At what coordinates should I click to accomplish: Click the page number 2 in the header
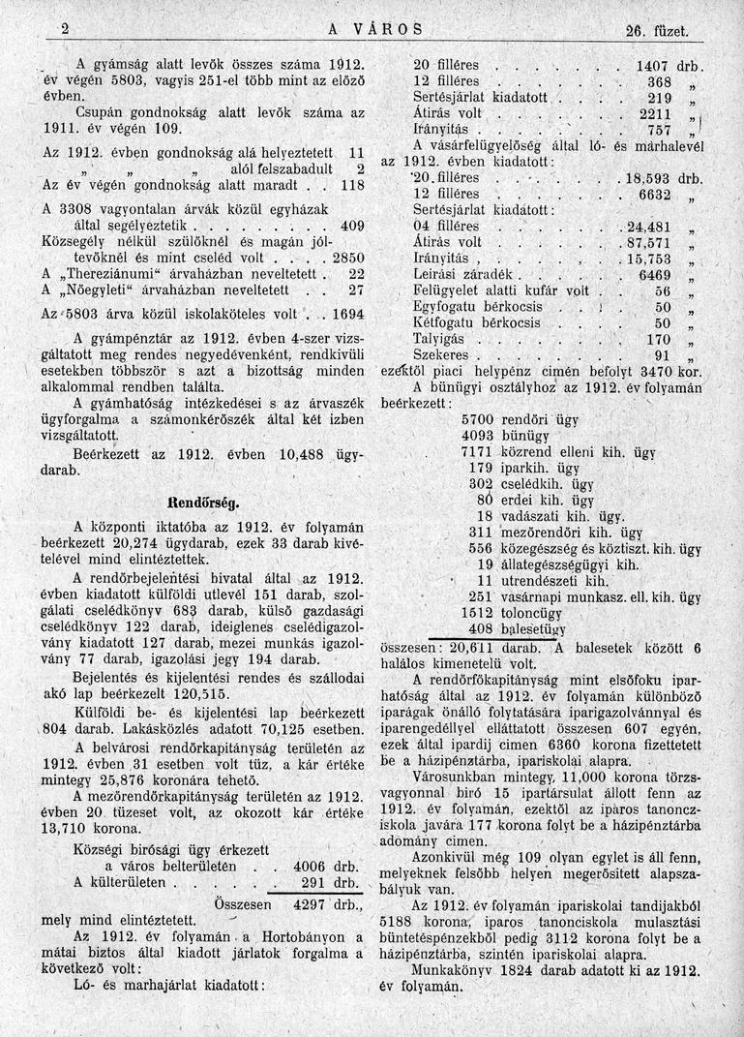(66, 29)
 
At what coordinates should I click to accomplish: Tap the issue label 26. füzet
(656, 31)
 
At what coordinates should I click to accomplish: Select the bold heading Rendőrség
(203, 503)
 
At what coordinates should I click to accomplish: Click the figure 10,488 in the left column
(279, 454)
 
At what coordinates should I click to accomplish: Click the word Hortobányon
(300, 936)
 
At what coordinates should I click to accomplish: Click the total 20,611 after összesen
(472, 645)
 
